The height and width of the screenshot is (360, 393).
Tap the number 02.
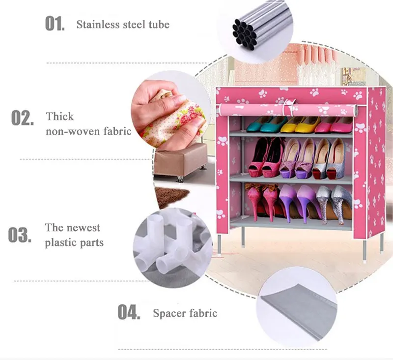tap(23, 119)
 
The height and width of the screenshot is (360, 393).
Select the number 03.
tap(20, 235)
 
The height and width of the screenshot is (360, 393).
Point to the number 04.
tap(129, 312)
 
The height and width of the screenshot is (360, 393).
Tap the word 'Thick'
tap(60, 117)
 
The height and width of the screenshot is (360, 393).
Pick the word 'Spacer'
tap(168, 313)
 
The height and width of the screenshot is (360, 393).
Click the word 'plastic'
tap(62, 242)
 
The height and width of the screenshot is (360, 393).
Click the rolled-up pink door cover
tap(285, 109)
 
